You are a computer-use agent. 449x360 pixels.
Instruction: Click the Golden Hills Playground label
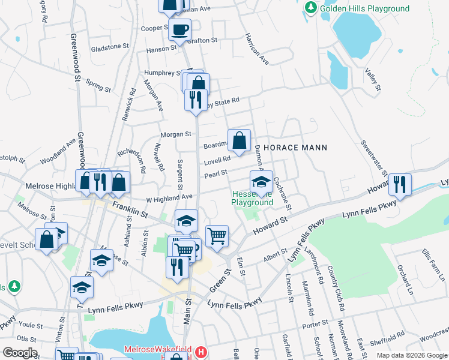click(364, 8)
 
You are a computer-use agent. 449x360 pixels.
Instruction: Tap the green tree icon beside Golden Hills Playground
click(311, 8)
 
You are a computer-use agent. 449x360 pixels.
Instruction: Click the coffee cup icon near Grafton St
click(179, 29)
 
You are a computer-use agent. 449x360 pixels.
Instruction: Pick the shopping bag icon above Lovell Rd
click(239, 141)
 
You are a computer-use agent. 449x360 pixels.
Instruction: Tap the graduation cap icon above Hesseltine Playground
click(261, 181)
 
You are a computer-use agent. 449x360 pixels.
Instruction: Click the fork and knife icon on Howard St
click(400, 184)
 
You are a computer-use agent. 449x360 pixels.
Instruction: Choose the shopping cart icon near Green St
click(217, 235)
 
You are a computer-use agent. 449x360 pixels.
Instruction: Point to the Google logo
click(20, 352)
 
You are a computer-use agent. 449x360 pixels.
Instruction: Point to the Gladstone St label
click(110, 47)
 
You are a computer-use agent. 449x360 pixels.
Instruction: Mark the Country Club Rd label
click(337, 293)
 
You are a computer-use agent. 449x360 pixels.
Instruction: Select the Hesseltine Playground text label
click(252, 197)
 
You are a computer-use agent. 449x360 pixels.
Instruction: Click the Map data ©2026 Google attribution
click(412, 355)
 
